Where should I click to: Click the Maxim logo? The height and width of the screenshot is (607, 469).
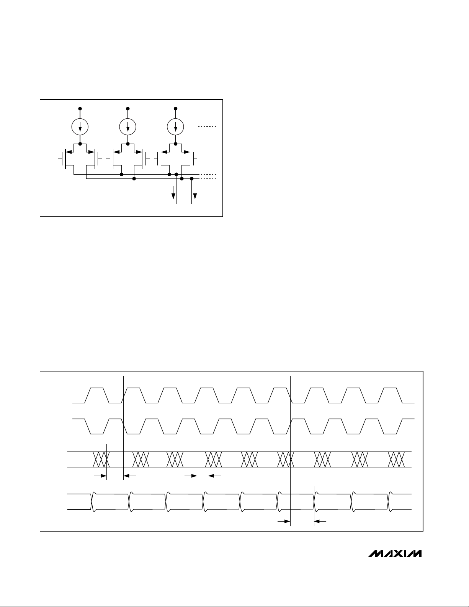tap(395, 554)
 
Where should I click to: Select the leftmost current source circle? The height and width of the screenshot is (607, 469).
tap(80, 126)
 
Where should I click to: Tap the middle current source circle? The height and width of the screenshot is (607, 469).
tap(127, 126)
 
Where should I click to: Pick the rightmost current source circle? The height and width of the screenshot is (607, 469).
tap(175, 126)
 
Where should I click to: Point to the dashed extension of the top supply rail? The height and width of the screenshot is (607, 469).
tap(208, 109)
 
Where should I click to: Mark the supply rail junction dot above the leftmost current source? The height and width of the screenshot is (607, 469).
tap(80, 109)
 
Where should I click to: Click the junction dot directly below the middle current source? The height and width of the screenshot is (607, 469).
tap(127, 144)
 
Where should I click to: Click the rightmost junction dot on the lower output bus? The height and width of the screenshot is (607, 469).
tap(192, 178)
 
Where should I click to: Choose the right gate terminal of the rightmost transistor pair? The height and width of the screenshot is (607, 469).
tap(195, 157)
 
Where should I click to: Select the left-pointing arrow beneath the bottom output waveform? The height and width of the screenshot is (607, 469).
tap(320, 521)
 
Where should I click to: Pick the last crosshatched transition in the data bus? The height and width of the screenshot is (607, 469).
tap(397, 459)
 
